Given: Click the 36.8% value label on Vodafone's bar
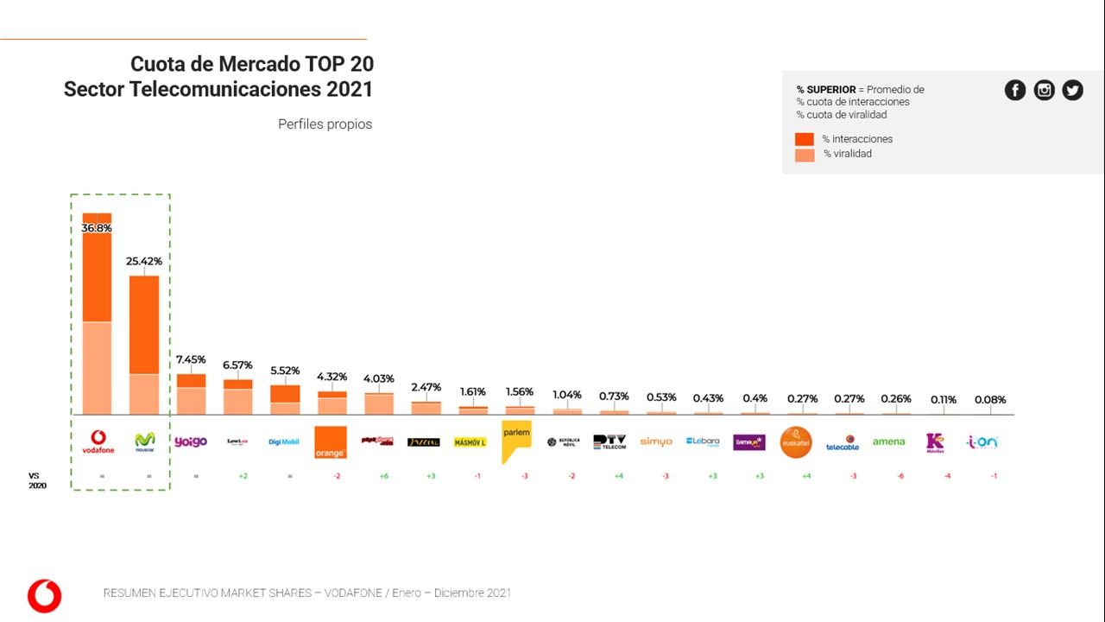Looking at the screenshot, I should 97,228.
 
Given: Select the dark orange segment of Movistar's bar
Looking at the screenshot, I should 144,324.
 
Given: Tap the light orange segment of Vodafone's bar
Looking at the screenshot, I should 97,368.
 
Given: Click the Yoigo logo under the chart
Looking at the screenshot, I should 191,441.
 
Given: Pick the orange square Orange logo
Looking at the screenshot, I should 331,441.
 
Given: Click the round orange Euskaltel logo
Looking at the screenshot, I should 796,441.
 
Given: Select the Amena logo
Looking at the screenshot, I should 889,441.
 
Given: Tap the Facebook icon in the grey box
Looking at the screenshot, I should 1015,90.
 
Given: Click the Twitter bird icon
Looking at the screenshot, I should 1072,90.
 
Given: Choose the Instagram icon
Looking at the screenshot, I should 1044,90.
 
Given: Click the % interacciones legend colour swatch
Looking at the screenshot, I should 805,139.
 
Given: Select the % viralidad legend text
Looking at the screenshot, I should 847,154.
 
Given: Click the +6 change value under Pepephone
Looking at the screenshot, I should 382,476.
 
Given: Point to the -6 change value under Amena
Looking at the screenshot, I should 900,476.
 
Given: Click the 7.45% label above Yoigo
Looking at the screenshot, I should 191,359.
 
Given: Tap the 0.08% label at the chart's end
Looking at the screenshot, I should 990,400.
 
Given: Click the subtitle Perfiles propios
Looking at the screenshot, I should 325,124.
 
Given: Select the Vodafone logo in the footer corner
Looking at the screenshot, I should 44,596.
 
